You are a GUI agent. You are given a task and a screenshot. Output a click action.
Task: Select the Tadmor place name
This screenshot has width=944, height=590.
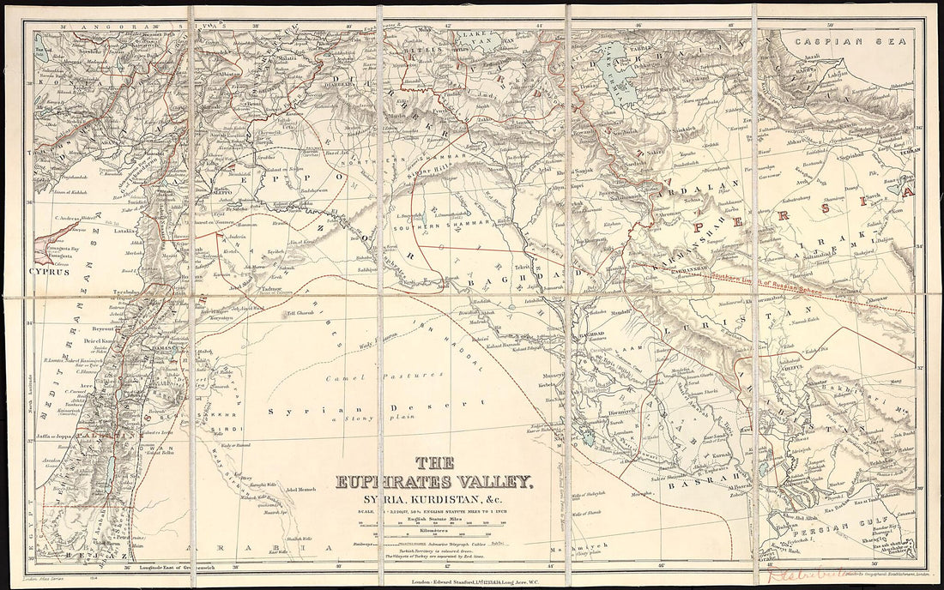(x=248, y=290)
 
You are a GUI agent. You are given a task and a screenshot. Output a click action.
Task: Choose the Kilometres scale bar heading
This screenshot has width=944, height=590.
(x=427, y=531)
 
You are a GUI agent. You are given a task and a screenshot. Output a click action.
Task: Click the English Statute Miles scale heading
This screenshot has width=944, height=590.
(x=427, y=518)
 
